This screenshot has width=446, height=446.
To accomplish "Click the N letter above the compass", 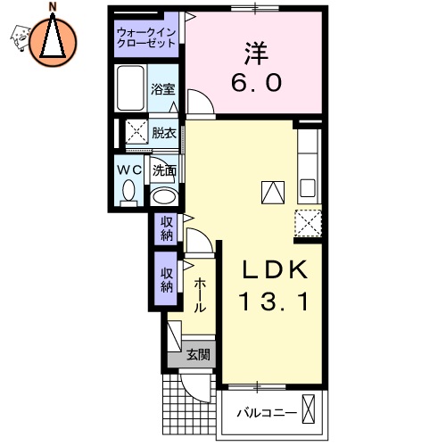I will click(53, 8).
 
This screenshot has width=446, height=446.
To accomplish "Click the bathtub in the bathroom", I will click(131, 89).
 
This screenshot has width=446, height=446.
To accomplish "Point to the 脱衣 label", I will click(163, 133).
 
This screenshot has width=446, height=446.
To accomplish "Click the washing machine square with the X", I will click(136, 132).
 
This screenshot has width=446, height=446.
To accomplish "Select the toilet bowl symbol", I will click(128, 191).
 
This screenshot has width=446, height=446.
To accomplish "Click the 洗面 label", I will click(163, 169).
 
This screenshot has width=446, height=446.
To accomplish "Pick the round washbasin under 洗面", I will click(163, 195).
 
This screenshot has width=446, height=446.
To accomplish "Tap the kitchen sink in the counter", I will click(307, 189).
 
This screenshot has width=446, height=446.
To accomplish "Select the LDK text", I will click(272, 270).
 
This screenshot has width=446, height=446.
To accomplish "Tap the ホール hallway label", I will click(200, 293).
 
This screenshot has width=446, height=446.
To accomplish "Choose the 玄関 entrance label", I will click(198, 354).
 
